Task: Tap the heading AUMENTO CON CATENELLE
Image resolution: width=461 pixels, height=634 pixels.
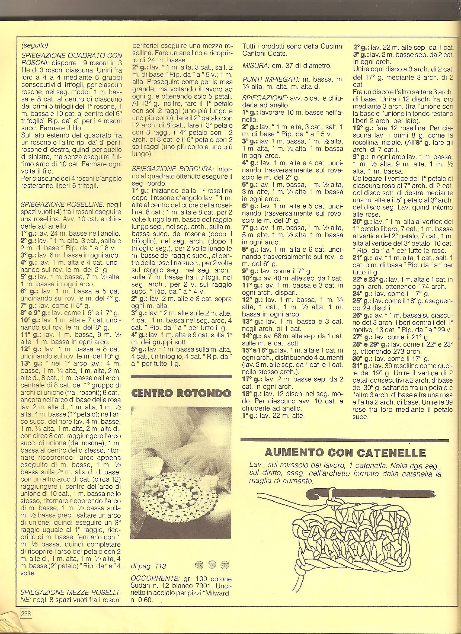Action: [345, 452]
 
